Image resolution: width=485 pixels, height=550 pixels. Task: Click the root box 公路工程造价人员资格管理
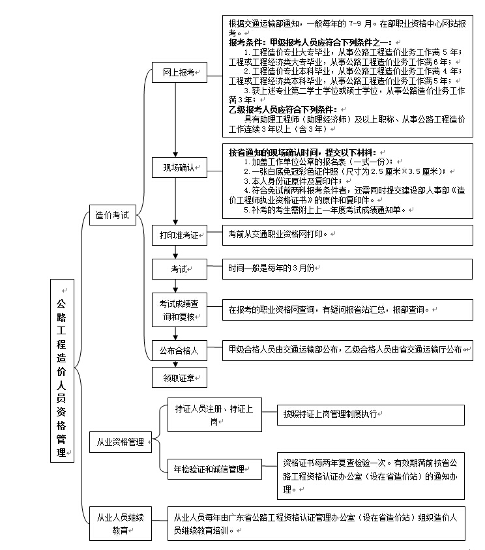[62, 371]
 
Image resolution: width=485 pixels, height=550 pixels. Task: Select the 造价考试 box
[112, 214]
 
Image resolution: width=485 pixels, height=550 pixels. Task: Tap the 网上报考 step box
[179, 73]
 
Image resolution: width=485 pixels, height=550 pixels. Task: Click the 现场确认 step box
[179, 167]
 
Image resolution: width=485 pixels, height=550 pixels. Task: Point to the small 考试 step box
[179, 268]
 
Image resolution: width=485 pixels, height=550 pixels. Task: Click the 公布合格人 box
[179, 350]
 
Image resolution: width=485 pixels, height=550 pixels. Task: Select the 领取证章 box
[179, 377]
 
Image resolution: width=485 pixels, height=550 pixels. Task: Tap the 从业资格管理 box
[120, 441]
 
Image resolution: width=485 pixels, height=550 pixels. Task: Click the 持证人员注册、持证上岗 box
[214, 414]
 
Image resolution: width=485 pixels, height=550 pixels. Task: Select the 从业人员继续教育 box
[120, 523]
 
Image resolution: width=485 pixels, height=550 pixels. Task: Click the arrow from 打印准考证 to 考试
[175, 252]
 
